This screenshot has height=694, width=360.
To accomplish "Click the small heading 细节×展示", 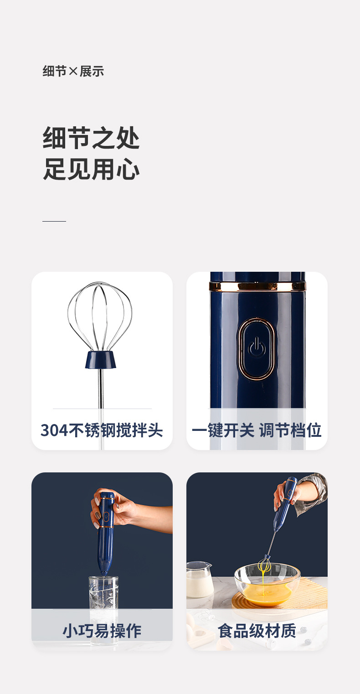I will pos(73,71).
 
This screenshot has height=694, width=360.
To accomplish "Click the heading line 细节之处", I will pos(91,138).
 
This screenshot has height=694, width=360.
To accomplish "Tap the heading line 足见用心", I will pos(91,169).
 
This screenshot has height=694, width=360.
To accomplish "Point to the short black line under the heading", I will pos(54,221).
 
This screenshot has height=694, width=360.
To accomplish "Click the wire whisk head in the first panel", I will pos(100,315).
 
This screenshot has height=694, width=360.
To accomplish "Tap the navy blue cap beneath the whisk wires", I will pos(100,360).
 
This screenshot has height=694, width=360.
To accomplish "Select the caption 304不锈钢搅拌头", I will pos(102,430).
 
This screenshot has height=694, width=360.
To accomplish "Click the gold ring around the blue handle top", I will pos(257,286).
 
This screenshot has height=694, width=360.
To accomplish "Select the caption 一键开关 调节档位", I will pos(257,430).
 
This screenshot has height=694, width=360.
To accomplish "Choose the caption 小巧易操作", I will pos(102,631).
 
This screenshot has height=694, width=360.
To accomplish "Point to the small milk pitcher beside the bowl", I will pos(199,579).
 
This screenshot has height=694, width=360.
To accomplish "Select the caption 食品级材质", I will pos(257,631).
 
